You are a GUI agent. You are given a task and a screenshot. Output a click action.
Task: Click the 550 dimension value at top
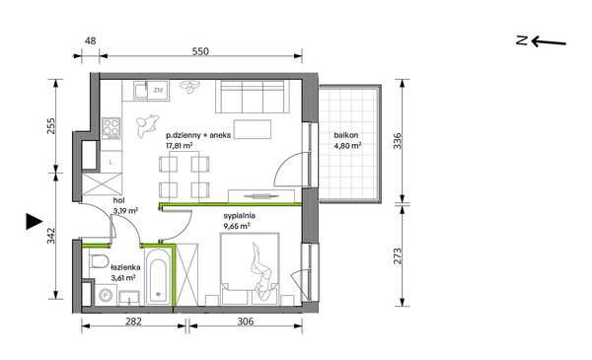200,51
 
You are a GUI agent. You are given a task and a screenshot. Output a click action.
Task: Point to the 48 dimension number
90,40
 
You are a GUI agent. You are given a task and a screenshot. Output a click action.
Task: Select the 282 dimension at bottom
133,322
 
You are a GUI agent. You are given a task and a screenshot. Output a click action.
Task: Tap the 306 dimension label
246,322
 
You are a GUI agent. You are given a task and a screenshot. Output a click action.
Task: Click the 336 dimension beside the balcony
398,141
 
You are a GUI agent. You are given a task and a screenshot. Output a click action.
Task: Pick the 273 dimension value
398,255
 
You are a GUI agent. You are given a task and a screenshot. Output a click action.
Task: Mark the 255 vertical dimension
51,126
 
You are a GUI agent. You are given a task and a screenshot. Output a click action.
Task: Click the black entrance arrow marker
34,221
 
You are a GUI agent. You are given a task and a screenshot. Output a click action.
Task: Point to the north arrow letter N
522,40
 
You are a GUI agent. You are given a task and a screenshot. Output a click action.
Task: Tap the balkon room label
346,135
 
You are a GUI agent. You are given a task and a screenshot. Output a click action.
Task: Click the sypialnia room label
240,216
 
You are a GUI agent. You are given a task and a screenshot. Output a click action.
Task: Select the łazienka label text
125,267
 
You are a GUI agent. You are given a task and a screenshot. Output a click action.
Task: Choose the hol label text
119,200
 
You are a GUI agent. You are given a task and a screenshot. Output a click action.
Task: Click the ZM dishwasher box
158,90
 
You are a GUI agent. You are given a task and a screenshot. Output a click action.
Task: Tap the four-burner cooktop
111,126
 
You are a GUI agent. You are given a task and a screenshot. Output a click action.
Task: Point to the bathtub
158,276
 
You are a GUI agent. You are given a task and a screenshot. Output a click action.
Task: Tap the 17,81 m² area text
180,146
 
